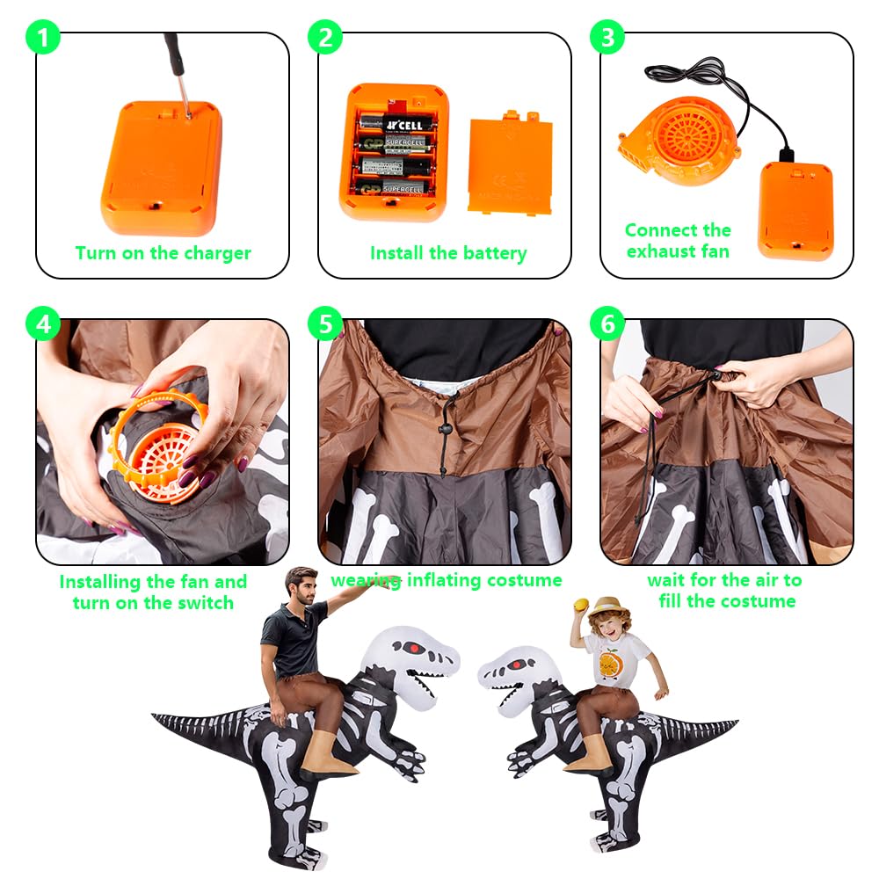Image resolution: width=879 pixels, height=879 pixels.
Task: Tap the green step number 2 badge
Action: tap(325, 38)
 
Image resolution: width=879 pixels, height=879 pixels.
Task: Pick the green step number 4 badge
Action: tap(44, 323)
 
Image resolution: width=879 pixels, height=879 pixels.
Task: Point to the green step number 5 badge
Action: tap(326, 323)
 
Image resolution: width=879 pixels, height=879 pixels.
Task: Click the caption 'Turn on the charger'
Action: tap(163, 253)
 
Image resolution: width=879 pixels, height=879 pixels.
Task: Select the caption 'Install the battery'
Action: tap(447, 253)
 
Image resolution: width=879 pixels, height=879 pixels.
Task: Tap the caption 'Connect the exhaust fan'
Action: tap(678, 241)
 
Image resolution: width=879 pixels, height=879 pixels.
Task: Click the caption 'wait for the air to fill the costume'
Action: tap(725, 591)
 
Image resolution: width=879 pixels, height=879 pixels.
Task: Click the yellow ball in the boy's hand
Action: tap(580, 604)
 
